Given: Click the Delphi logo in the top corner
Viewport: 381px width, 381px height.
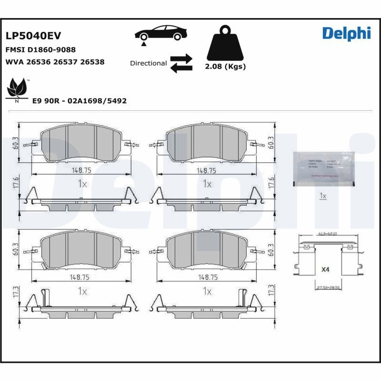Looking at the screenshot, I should coord(346,33).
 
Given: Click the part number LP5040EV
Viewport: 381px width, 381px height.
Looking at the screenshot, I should coord(33,36).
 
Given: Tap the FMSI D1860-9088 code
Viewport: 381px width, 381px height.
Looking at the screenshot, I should coord(40,50).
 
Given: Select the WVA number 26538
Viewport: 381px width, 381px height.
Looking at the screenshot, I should coord(92,62).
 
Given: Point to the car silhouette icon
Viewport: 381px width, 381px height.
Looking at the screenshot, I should coord(160,33).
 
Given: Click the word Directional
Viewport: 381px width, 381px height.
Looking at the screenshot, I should coord(148,63).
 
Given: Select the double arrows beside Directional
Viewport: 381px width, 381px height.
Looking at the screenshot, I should coord(181,63).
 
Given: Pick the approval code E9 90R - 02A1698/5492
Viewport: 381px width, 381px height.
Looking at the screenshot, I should coord(79,101).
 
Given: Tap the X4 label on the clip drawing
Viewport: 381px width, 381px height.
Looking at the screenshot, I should coord(325,270).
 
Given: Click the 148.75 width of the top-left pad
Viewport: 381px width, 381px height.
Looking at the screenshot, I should coord(81,170).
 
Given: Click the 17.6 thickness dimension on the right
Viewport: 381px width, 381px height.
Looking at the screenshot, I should coord(272,182).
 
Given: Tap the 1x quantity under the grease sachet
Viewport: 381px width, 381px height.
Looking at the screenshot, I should coord(322,196).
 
